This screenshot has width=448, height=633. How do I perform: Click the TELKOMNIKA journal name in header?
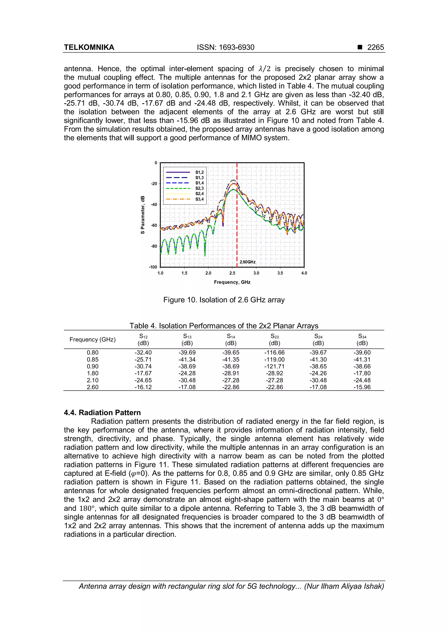tap(89, 47)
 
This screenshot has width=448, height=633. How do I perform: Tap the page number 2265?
tap(375, 47)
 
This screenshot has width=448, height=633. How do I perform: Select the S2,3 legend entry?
tap(199, 188)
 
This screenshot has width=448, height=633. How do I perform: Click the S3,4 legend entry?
tap(199, 199)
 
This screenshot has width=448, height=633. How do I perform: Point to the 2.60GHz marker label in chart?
tap(247, 262)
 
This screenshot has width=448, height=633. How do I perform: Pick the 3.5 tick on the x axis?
tap(280, 273)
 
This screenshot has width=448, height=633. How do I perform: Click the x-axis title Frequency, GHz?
tap(232, 282)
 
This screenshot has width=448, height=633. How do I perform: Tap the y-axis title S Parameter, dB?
tap(143, 215)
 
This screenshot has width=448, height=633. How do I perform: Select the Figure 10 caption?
tap(224, 300)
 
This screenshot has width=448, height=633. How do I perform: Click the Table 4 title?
tap(224, 326)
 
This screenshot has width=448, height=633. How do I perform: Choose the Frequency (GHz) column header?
tap(92, 339)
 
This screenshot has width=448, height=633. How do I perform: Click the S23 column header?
tap(275, 339)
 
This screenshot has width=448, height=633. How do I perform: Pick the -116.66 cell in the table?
tap(275, 353)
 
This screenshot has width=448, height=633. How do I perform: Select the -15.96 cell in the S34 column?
tap(362, 387)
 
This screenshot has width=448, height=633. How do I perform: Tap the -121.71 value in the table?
tap(275, 366)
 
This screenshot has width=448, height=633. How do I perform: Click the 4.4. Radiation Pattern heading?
tap(102, 412)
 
